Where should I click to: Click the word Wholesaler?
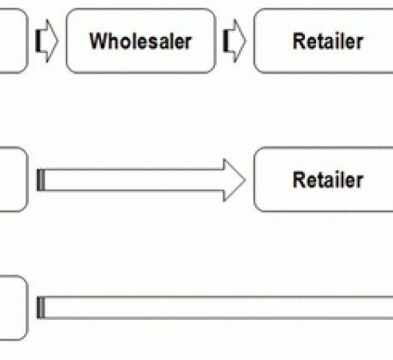pyautogui.click(x=140, y=41)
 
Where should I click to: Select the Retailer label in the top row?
pyautogui.click(x=328, y=41)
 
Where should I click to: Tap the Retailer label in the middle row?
pyautogui.click(x=328, y=180)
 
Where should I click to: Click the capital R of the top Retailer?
pyautogui.click(x=299, y=41)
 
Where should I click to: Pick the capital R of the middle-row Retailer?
pyautogui.click(x=299, y=180)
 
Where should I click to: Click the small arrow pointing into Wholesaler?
pyautogui.click(x=47, y=41)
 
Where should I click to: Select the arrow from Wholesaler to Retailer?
pyautogui.click(x=235, y=41)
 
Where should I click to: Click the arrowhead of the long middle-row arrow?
pyautogui.click(x=235, y=180)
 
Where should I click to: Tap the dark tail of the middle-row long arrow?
pyautogui.click(x=41, y=180)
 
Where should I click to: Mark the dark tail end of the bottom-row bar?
pyautogui.click(x=41, y=308)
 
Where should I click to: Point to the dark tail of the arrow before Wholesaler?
pyautogui.click(x=38, y=41)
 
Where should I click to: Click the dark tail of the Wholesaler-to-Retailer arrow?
pyautogui.click(x=225, y=41)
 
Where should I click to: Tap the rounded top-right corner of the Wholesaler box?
pyautogui.click(x=212, y=12)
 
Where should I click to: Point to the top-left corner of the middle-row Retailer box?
pyautogui.click(x=257, y=151)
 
